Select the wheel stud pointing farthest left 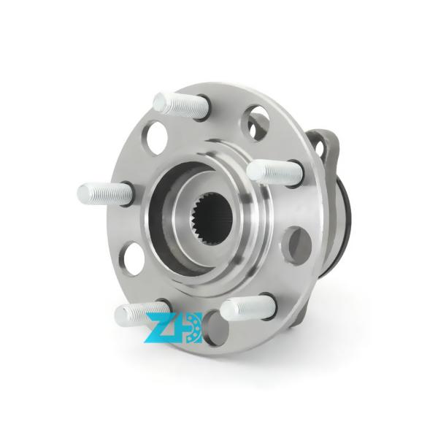tap(105, 193)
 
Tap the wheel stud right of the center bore tap(274, 172)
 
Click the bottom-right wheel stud tap(247, 307)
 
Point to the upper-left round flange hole tap(157, 137)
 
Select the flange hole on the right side tap(296, 245)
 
